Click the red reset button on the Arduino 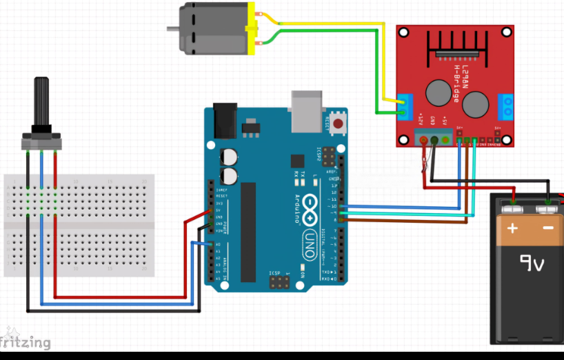338,125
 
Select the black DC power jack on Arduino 224,120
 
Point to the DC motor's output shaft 173,28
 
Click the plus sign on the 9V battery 512,228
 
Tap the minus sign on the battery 547,228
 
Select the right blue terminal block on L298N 508,106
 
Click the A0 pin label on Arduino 218,244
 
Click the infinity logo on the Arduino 309,210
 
